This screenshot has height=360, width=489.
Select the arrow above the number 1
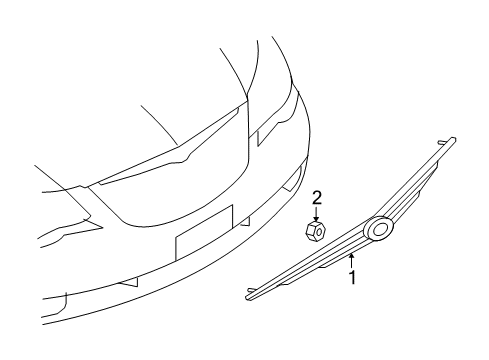click(352, 261)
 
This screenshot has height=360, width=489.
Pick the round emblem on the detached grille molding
click(381, 229)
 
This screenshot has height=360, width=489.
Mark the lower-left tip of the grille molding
click(249, 295)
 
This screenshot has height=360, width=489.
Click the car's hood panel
click(130, 110)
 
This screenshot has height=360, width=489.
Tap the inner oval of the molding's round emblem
click(381, 229)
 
